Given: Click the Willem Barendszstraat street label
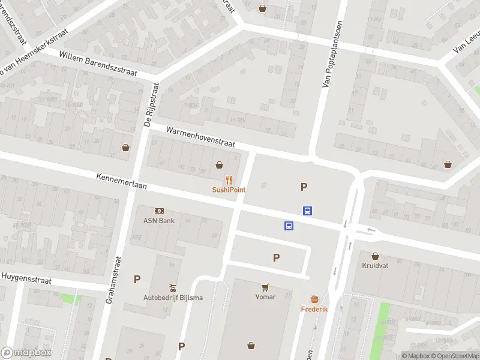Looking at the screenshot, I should click(98, 64).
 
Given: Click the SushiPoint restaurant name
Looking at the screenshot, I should click(229, 190).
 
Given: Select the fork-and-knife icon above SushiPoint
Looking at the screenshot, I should click(229, 179).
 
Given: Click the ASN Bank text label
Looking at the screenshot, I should click(158, 220).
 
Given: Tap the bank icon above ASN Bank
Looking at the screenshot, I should click(159, 211).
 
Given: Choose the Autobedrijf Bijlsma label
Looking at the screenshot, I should click(173, 298).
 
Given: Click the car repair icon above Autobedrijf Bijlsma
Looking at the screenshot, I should click(173, 287).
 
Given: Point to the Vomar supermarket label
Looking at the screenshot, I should click(265, 296).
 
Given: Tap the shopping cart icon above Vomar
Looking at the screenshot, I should click(265, 287).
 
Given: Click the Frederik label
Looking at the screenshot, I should click(314, 309).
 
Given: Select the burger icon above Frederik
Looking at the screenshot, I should click(314, 299).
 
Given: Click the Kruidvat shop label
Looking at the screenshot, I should click(376, 265).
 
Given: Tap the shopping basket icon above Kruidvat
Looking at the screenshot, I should click(376, 255).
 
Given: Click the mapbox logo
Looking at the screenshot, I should click(26, 353).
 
